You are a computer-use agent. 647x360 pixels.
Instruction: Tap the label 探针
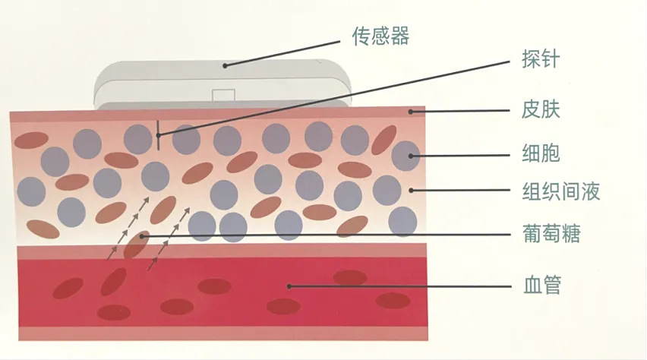541,58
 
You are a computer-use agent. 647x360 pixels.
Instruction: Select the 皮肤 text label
541,112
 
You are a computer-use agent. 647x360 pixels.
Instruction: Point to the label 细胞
541,155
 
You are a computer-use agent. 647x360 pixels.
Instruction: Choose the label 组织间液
562,191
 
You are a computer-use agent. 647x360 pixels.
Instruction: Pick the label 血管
541,286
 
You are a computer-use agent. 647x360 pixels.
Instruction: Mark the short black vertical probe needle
158,131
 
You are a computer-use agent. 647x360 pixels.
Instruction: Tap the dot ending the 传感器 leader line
226,66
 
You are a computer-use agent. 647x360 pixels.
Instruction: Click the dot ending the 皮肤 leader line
411,112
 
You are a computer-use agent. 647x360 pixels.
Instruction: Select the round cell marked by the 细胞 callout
406,155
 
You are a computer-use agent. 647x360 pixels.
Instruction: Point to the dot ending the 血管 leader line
289,286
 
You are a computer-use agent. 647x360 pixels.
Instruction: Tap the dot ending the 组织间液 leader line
411,190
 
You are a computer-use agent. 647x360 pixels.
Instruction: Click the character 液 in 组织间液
590,191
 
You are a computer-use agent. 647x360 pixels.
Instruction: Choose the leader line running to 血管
395,286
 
